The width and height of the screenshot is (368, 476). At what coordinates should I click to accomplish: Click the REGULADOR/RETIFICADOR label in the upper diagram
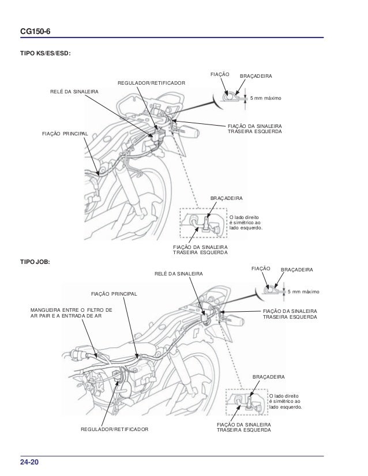[152, 84]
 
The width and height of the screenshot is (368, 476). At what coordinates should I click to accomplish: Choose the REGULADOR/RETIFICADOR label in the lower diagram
[114, 430]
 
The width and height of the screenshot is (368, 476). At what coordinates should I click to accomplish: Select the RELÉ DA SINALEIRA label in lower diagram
[179, 273]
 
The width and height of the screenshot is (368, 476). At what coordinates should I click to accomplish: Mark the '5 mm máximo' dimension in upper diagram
[265, 99]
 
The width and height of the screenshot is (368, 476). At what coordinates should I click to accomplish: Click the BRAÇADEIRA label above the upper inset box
[227, 198]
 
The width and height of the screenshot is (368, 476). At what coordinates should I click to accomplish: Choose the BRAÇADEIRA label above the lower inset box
[268, 377]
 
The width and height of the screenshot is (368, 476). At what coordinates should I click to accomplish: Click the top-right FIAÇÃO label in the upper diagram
[220, 75]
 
